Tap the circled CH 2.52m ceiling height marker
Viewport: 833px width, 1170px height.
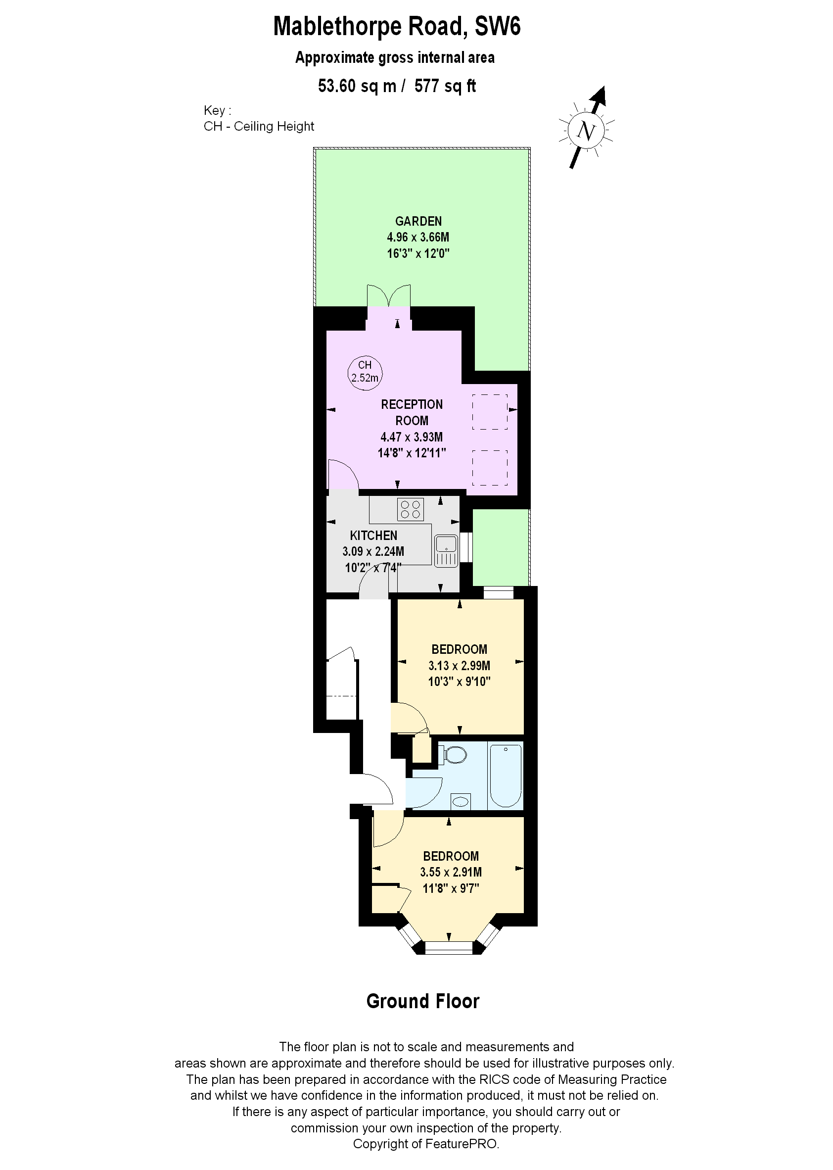pyautogui.click(x=365, y=372)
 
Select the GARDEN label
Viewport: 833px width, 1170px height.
pyautogui.click(x=418, y=221)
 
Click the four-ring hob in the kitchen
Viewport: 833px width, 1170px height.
pyautogui.click(x=411, y=510)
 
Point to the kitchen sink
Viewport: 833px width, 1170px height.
pyautogui.click(x=446, y=551)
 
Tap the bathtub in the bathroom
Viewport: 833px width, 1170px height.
pyautogui.click(x=506, y=777)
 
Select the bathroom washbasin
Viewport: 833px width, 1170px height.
pyautogui.click(x=461, y=801)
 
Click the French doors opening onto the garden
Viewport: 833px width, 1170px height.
pyautogui.click(x=389, y=297)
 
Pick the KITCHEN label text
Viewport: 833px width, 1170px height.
pyautogui.click(x=373, y=535)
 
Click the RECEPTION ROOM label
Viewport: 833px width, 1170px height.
pyautogui.click(x=412, y=412)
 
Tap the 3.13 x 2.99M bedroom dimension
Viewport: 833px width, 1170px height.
pyautogui.click(x=459, y=666)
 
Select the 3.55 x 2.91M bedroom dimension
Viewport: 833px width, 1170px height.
pyautogui.click(x=451, y=872)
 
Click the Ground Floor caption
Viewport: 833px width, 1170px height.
pyautogui.click(x=422, y=1001)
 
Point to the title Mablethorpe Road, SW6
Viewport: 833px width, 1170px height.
pyautogui.click(x=397, y=27)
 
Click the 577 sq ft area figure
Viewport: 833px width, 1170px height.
pyautogui.click(x=445, y=86)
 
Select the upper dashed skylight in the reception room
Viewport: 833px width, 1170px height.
pyautogui.click(x=490, y=412)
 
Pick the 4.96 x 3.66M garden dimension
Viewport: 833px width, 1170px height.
pyautogui.click(x=418, y=237)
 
